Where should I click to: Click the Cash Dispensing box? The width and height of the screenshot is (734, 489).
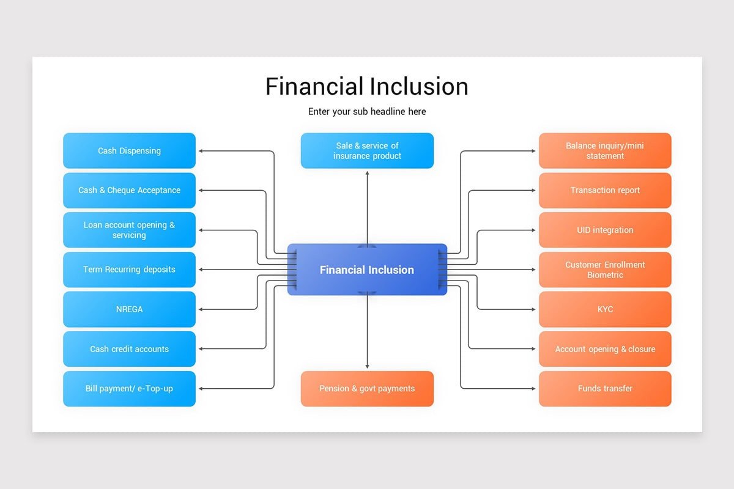[129, 150]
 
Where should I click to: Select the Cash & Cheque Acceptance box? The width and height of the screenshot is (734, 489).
[129, 190]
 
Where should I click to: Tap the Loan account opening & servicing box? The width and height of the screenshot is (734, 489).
[129, 230]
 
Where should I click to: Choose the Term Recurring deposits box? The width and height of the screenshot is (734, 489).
[129, 270]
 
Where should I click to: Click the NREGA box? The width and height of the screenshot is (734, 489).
[129, 309]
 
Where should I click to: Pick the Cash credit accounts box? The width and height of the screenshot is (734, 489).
[129, 349]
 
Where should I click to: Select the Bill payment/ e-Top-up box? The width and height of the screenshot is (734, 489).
[129, 389]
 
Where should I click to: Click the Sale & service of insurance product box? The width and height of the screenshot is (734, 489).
[367, 150]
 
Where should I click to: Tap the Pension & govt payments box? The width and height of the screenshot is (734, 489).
[367, 389]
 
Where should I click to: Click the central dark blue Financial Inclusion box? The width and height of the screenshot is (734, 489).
[367, 270]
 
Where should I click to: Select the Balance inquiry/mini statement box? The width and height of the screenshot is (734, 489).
[605, 150]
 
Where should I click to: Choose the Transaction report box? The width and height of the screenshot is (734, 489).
[605, 190]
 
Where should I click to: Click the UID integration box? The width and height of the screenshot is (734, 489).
[605, 230]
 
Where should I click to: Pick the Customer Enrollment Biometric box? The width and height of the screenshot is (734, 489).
[605, 270]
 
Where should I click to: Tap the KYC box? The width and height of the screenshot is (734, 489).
[605, 309]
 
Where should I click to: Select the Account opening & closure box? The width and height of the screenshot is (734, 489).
[605, 349]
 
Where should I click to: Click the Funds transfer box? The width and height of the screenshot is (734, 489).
[605, 389]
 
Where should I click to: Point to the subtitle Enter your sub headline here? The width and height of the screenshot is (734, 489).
[367, 111]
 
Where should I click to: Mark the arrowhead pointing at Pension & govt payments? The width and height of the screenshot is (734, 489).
[367, 366]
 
